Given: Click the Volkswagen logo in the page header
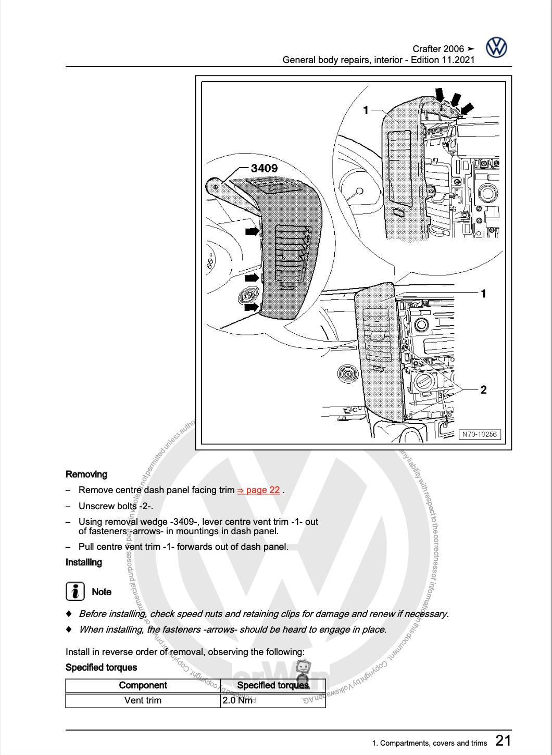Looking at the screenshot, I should (496, 48).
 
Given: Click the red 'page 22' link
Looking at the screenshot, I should (259, 490).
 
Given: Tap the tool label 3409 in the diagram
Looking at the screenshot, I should (264, 168).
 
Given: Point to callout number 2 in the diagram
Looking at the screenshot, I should (483, 389).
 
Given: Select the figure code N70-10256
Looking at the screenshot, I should (479, 434).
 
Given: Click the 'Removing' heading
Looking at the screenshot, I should (86, 474).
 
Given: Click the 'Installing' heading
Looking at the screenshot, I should (84, 562).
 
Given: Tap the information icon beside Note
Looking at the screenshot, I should (76, 592).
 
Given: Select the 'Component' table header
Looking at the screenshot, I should (143, 685).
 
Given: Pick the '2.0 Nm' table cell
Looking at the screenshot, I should (237, 700).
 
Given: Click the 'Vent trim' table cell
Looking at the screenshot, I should (143, 700).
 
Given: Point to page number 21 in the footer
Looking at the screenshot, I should (503, 740).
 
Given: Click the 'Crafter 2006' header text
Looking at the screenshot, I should (438, 49).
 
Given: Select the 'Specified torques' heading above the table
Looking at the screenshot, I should (101, 668).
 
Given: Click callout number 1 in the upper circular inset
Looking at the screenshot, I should (366, 110).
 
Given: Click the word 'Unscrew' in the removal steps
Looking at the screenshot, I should (96, 506).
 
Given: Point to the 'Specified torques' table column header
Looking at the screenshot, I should (272, 685).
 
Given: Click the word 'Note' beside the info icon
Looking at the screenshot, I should (102, 592).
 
